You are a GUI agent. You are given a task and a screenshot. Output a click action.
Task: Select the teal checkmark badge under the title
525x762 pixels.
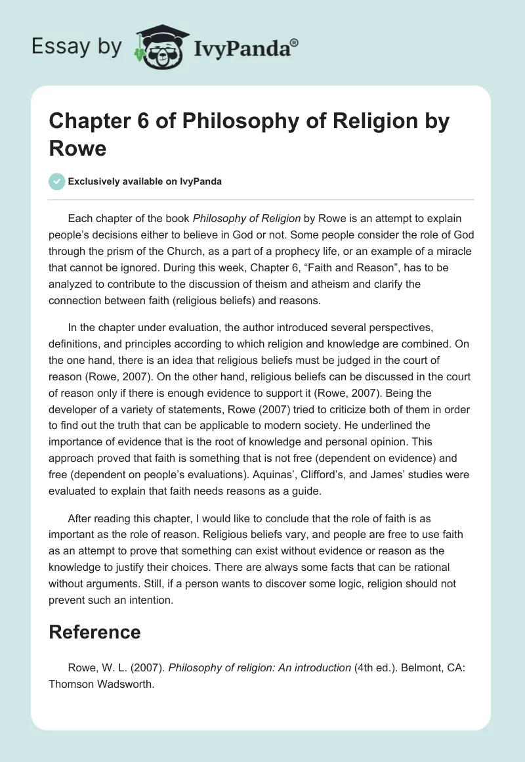click(58, 181)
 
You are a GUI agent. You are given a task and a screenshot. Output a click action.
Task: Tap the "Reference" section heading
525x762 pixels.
click(95, 632)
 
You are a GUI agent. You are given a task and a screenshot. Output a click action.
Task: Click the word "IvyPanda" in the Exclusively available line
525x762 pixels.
click(201, 182)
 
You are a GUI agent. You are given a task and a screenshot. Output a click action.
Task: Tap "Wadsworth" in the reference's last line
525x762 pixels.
click(121, 684)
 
